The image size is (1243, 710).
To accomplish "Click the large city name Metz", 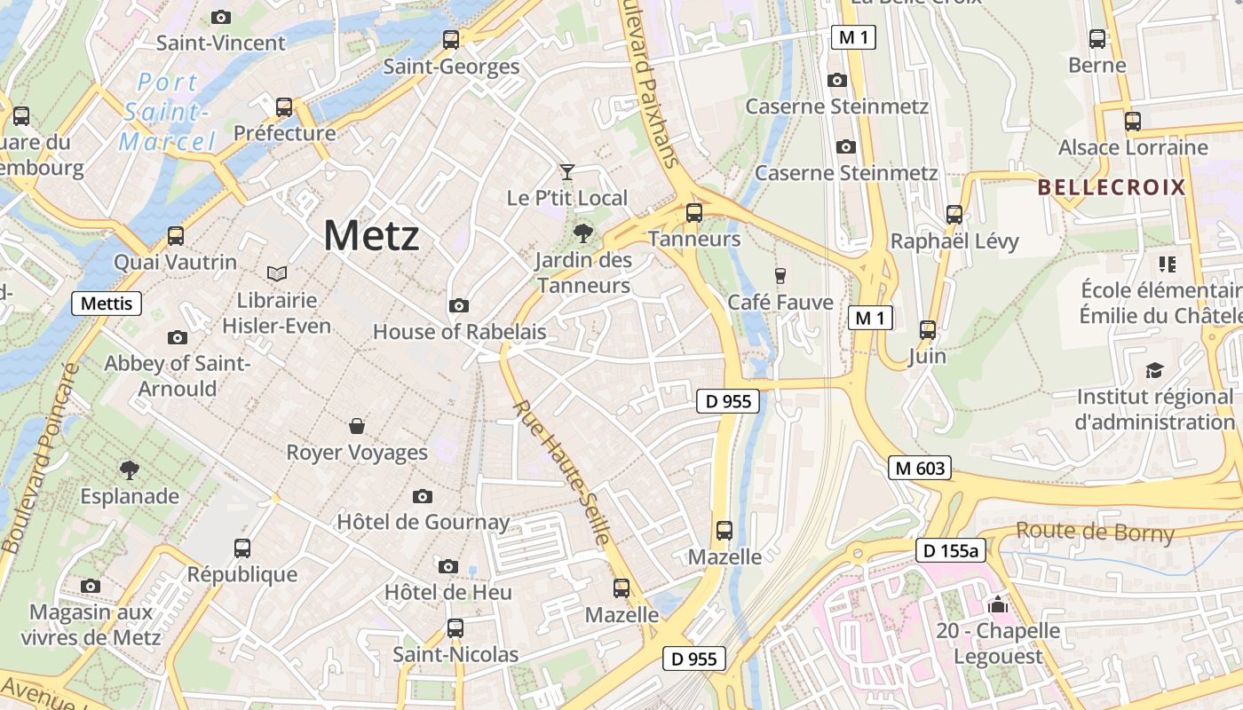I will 371,236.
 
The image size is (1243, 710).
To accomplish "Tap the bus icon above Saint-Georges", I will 451,40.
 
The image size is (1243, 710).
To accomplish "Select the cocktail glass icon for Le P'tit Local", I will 567,171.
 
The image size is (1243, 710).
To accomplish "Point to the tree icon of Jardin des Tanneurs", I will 583,233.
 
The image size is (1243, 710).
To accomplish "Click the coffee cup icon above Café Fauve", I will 780,276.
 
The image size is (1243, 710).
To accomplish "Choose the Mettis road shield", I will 107,304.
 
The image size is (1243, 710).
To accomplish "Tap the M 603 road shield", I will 920,468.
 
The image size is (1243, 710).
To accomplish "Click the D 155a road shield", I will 951,551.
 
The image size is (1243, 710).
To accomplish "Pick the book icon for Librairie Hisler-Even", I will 277,273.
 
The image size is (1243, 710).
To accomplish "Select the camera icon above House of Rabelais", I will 459,306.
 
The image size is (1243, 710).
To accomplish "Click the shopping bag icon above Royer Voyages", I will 357,426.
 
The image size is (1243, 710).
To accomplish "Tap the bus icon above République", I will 242,548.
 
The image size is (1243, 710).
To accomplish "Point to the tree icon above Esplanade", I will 130,469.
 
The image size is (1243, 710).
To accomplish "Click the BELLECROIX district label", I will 1112,187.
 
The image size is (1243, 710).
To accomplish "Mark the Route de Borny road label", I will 1095,532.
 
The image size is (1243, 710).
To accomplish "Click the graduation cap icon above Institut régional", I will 1154,370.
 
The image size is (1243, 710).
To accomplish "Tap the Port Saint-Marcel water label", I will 168,112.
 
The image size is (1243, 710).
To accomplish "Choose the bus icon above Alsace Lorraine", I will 1133,122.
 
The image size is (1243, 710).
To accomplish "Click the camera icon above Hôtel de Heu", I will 448,566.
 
